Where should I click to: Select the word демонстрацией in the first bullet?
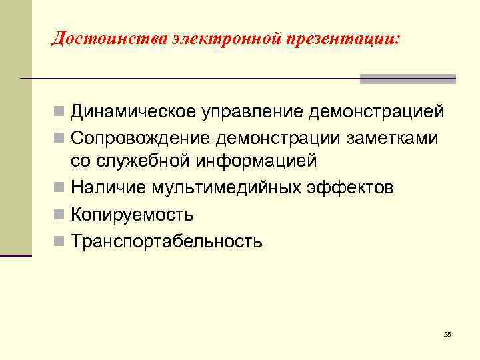coord(377,111)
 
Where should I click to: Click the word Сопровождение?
coord(138,137)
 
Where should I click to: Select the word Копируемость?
coord(133,215)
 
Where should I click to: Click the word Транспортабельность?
coord(167,241)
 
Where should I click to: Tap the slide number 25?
coord(447,334)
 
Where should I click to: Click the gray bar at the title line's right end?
coord(407,79)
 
